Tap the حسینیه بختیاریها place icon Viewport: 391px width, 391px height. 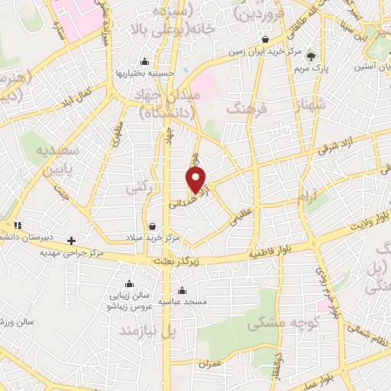tap(145, 61)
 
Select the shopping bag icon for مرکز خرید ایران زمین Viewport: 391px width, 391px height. tap(264, 39)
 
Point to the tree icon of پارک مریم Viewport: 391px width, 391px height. tap(310, 55)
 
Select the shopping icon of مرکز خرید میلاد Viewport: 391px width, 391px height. tap(154, 226)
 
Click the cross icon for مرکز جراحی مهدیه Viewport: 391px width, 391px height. tap(72, 240)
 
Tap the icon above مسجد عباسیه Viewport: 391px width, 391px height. tap(182, 290)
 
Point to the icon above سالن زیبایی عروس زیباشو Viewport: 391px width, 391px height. tap(130, 283)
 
